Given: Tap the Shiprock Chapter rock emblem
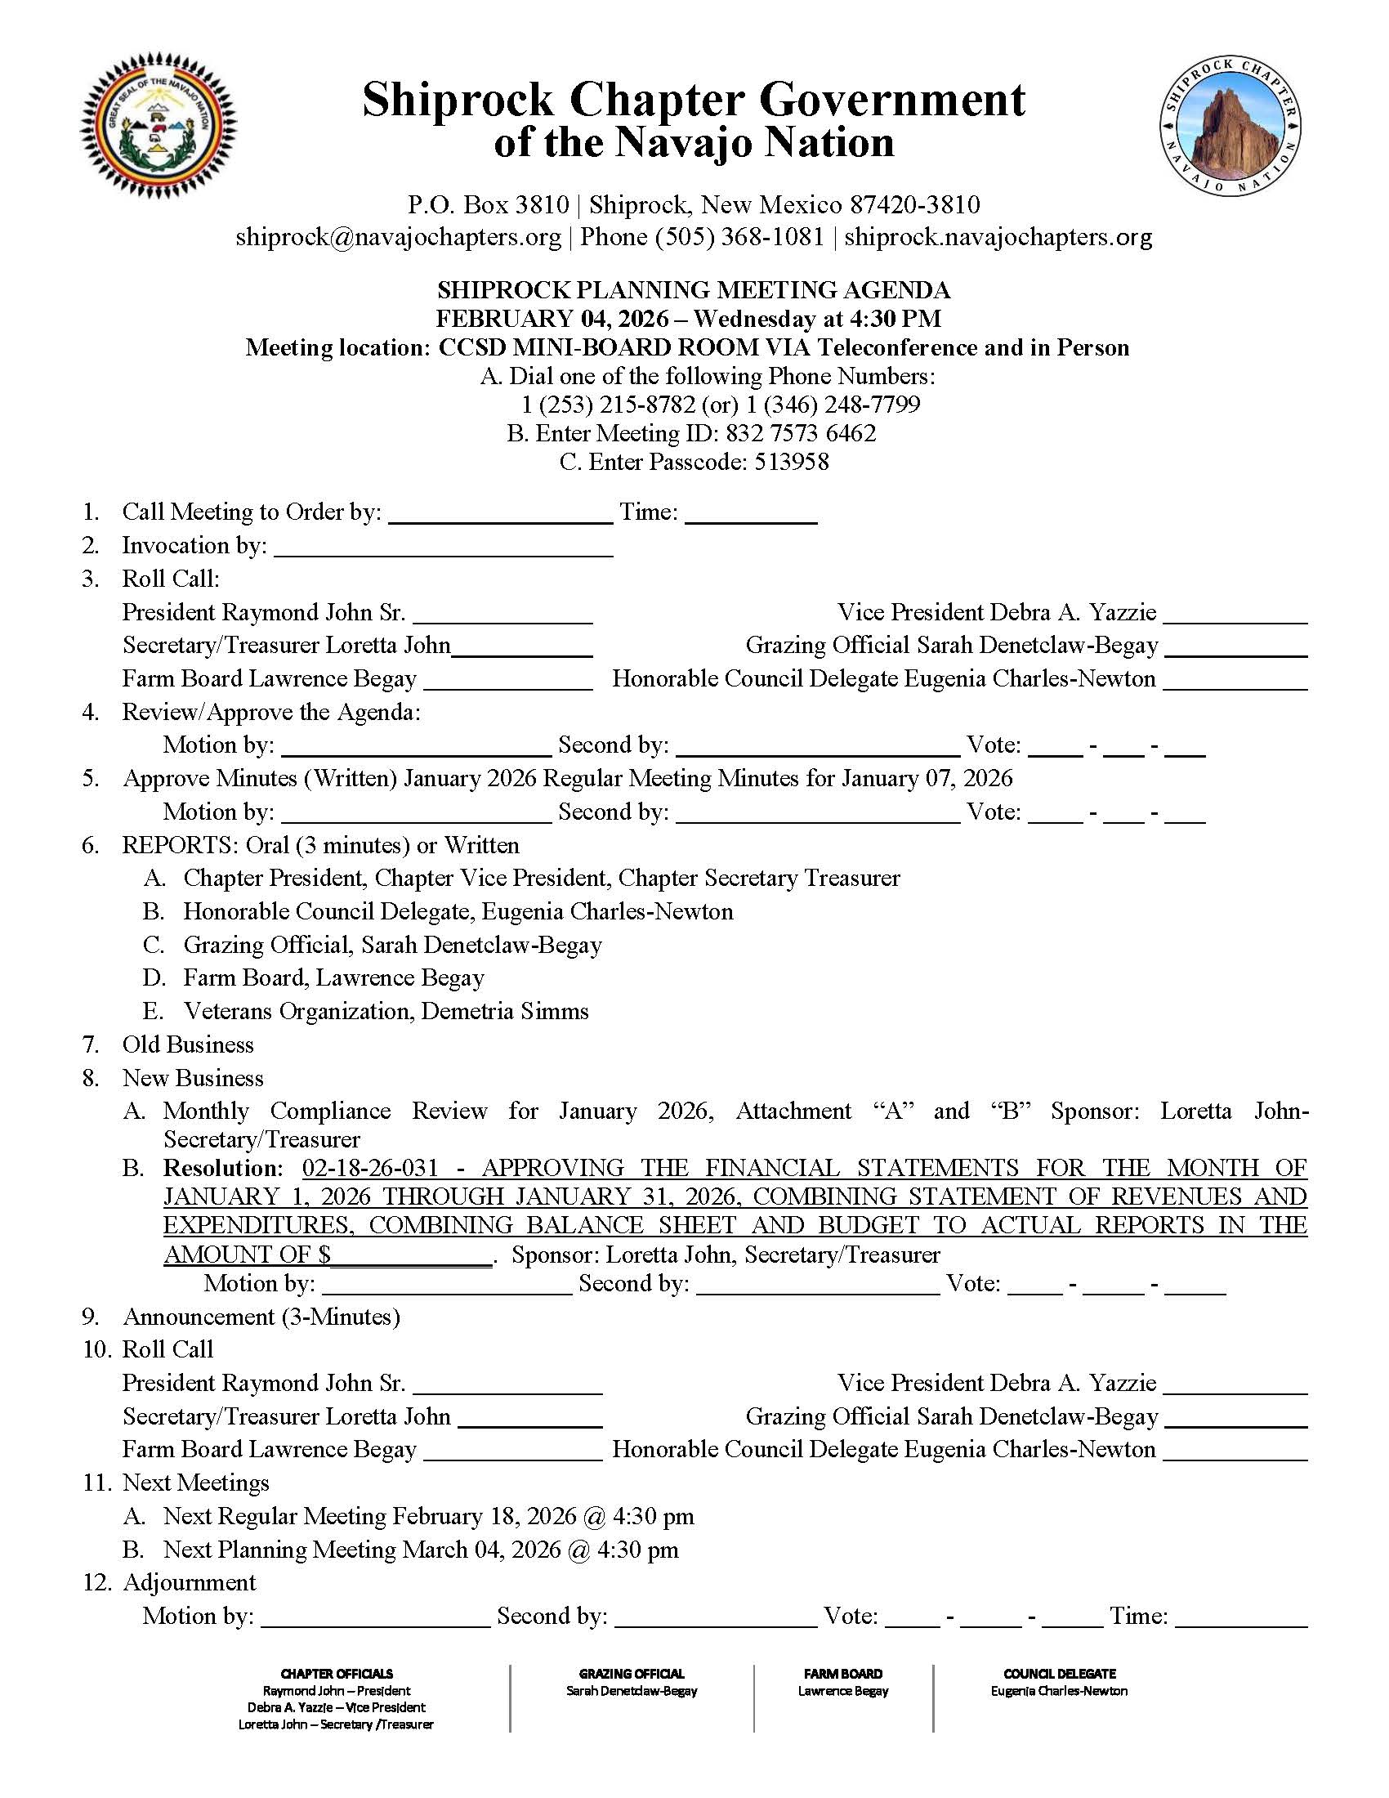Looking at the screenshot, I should click(1231, 127).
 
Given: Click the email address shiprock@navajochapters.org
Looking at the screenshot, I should click(398, 237).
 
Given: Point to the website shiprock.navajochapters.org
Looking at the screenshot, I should click(998, 237).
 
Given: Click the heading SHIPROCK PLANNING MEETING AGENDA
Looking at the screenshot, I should click(693, 290).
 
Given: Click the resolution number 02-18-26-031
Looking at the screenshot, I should click(370, 1167).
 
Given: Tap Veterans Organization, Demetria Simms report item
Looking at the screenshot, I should click(386, 1011).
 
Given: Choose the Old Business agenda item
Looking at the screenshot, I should click(188, 1044).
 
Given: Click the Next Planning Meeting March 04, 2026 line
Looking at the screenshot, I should click(421, 1550).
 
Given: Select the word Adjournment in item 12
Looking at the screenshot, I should click(190, 1582).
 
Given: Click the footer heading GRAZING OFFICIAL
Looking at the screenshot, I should click(631, 1674).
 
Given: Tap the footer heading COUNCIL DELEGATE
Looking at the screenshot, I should click(1059, 1674).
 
